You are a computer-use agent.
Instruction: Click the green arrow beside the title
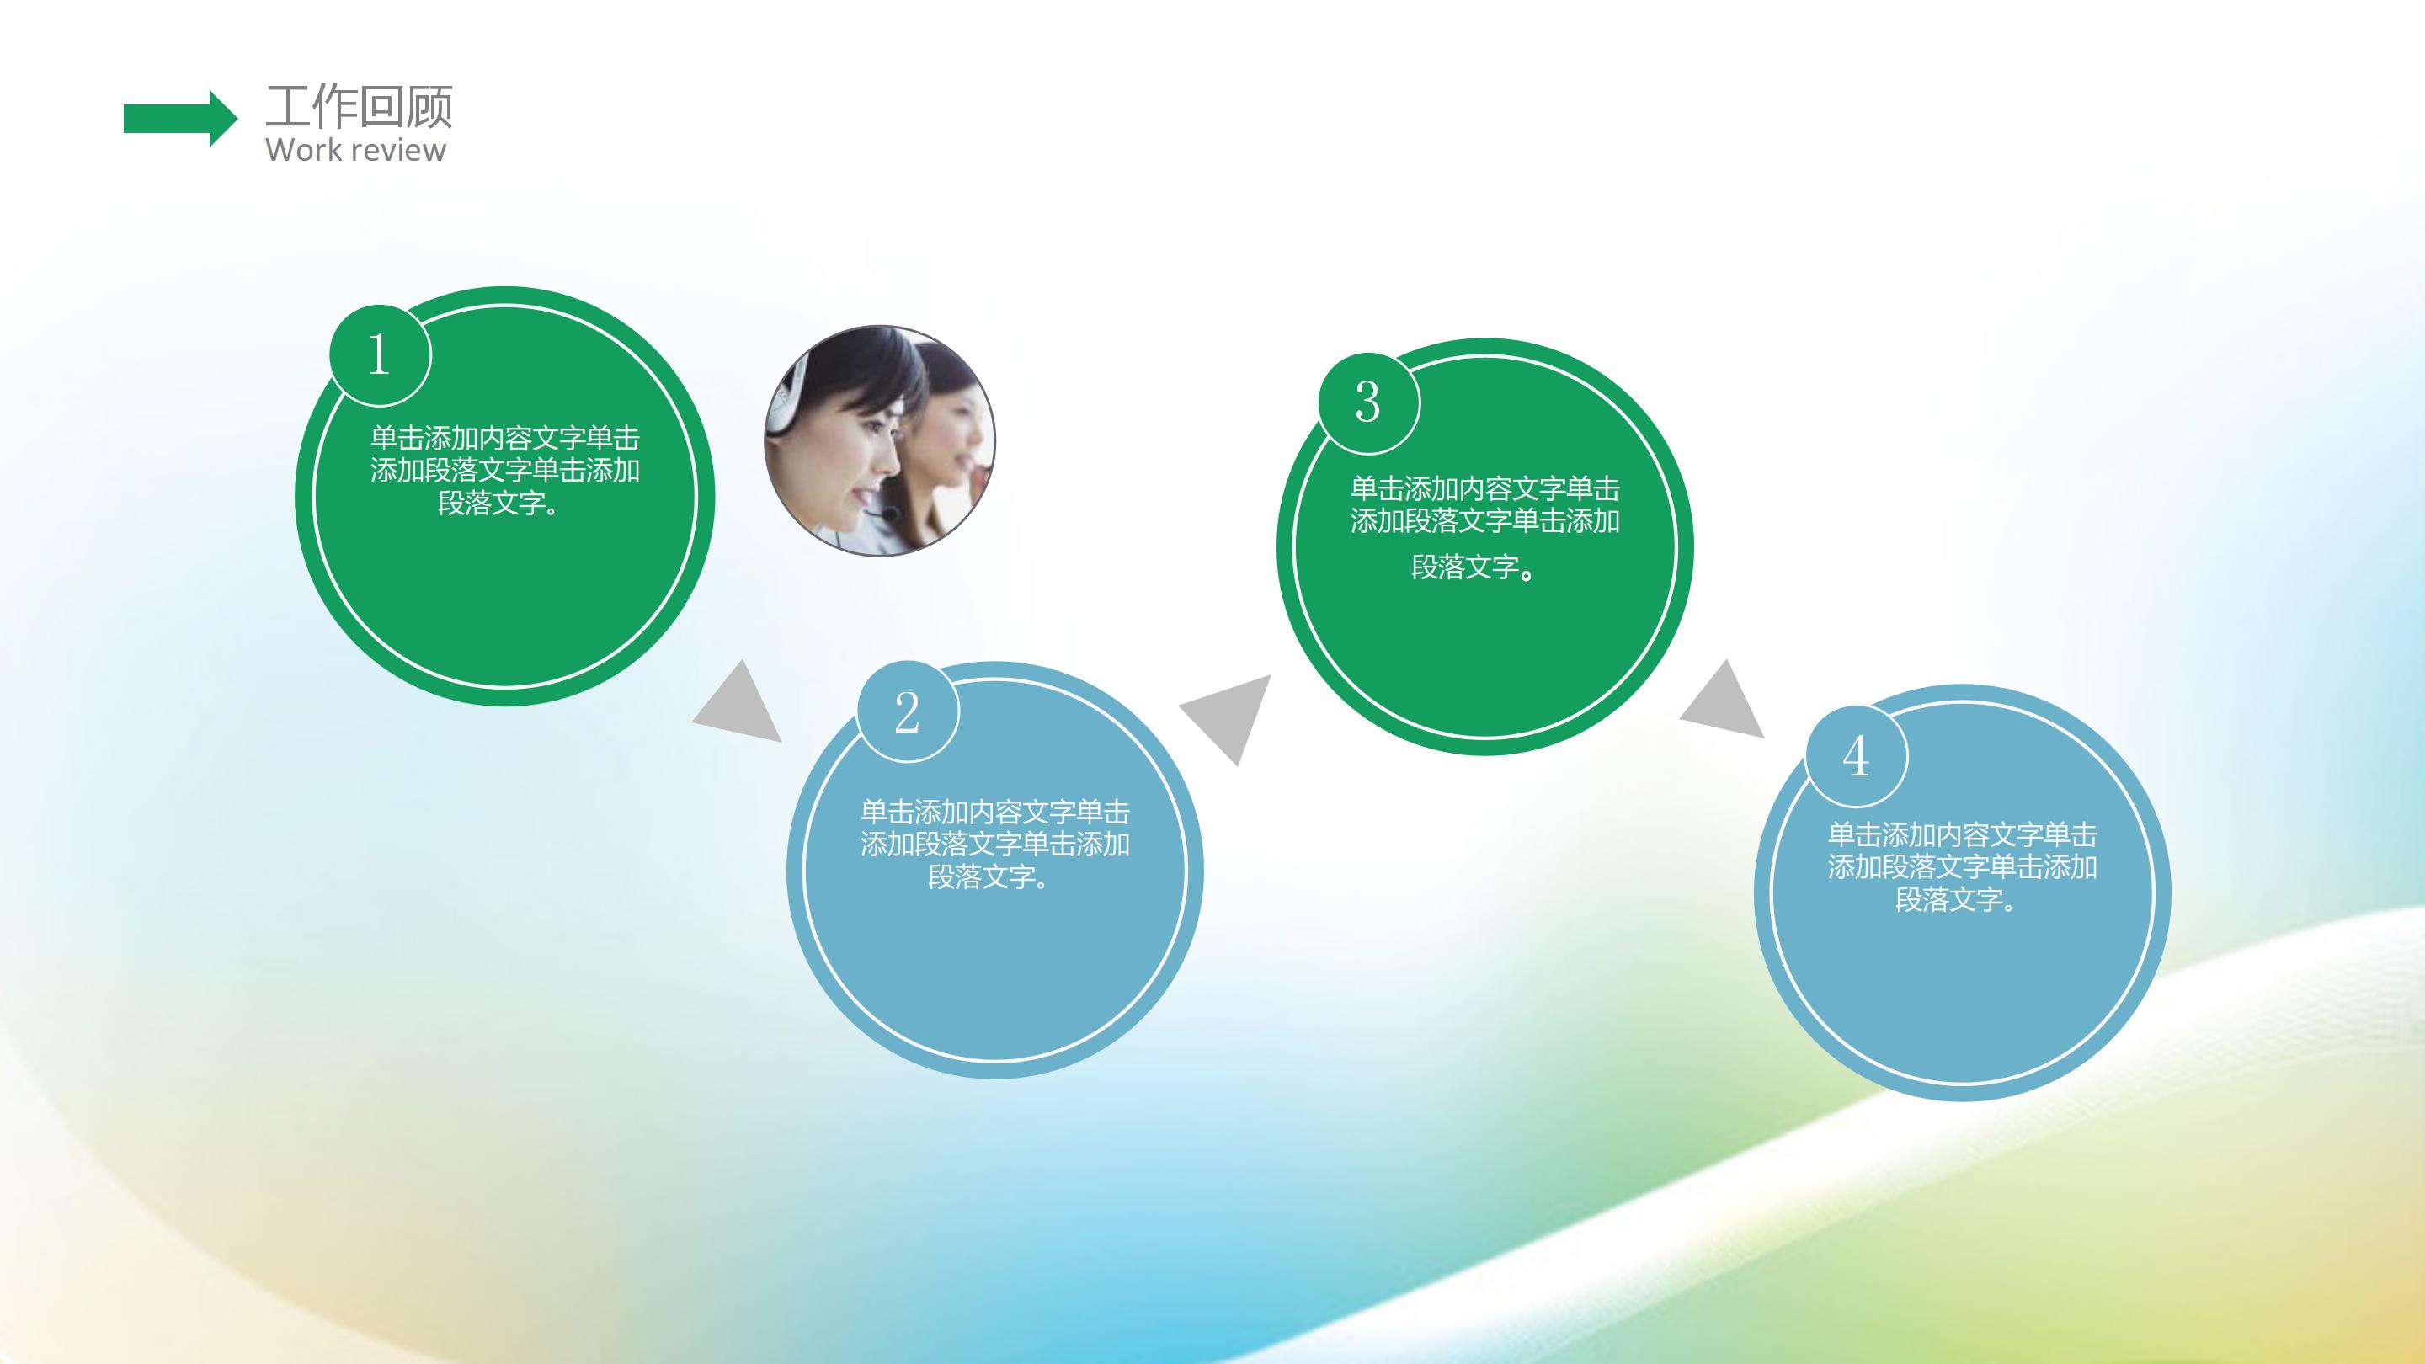[179, 119]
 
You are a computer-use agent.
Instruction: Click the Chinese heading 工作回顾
[359, 105]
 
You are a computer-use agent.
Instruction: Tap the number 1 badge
[380, 354]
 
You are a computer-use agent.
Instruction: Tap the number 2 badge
[908, 711]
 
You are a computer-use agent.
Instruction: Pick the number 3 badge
[1367, 403]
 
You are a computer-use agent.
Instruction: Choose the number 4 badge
[1857, 756]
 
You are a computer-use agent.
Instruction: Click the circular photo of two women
[879, 440]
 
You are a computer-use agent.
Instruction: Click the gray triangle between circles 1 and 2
[741, 705]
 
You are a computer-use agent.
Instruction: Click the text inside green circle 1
[504, 470]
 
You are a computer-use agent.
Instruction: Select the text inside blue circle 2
[994, 844]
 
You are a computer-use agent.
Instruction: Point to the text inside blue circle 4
[1962, 866]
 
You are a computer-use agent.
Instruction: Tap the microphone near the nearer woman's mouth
[887, 514]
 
